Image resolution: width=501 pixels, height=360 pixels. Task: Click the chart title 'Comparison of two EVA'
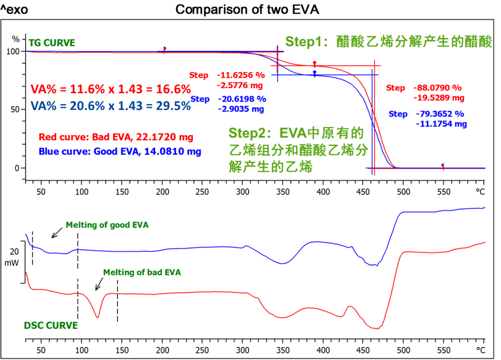point(247,9)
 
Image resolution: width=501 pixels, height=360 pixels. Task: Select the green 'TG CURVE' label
point(51,43)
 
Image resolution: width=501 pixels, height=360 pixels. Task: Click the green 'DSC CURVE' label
point(51,326)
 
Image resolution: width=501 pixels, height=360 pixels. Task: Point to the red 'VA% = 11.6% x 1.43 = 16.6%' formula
point(110,89)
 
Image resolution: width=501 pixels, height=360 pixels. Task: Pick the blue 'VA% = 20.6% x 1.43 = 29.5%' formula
point(111,106)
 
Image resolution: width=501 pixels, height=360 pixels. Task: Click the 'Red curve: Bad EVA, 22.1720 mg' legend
point(116,137)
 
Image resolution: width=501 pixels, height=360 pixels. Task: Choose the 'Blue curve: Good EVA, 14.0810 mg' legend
point(120,151)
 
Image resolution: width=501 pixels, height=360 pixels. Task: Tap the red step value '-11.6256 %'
point(240,75)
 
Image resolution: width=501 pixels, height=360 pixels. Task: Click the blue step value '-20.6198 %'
point(242,99)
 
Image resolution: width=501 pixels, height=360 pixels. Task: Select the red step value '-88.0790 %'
point(437,88)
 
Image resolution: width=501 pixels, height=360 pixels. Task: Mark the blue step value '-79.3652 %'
point(439,114)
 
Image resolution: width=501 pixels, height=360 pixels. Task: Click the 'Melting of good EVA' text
point(107,225)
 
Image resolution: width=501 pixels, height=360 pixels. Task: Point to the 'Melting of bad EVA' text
point(142,272)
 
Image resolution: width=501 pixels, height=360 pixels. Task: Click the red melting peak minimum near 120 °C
point(97,317)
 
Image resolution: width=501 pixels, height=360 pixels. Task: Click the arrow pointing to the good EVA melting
point(57,232)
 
